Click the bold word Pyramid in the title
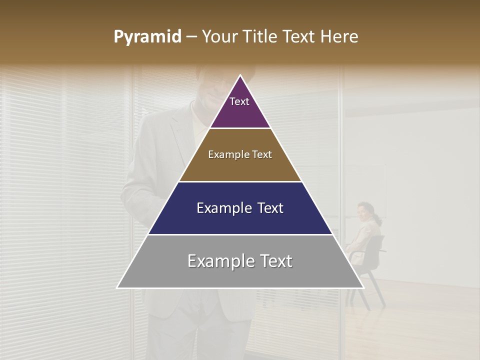coord(147,37)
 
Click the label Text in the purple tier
coord(239,101)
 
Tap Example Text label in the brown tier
coord(240,154)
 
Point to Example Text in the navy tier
coord(240,208)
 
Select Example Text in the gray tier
coord(240,261)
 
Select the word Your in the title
coord(218,37)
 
